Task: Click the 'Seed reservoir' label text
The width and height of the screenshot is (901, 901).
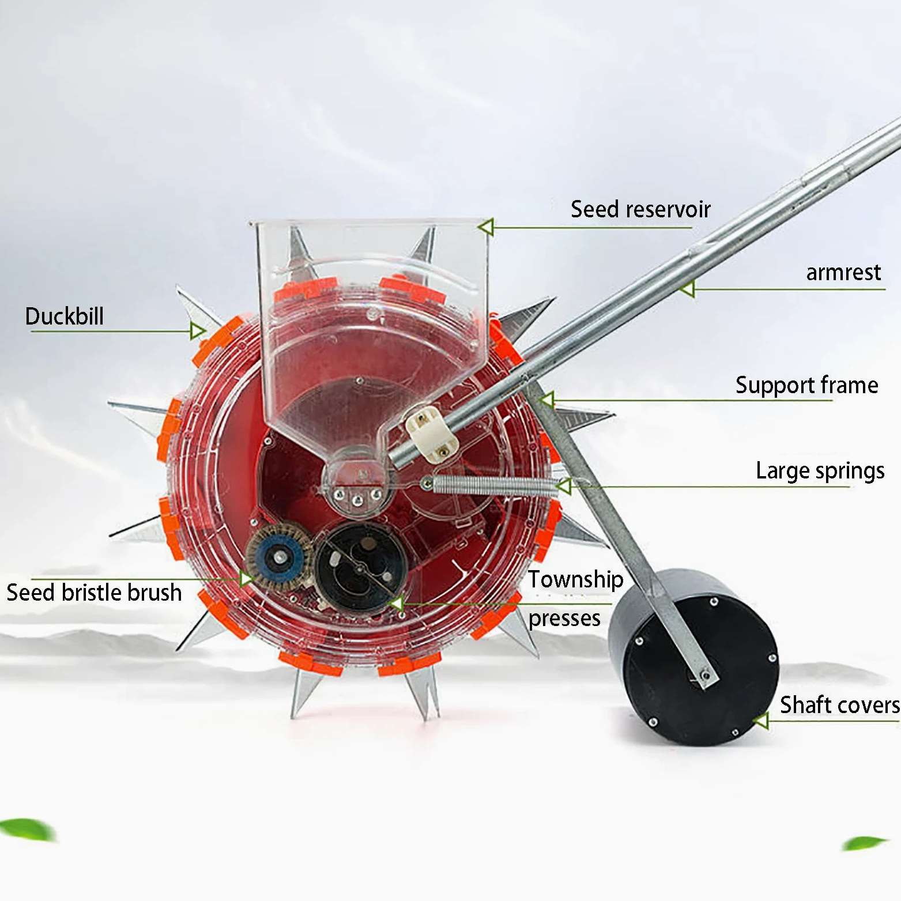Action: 640,209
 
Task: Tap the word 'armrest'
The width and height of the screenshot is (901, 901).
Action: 843,272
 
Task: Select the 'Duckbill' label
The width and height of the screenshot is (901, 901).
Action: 65,316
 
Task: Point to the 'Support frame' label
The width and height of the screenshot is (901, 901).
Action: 806,385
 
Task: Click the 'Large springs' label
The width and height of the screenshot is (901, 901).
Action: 820,471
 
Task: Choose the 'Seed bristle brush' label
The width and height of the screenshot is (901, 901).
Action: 94,593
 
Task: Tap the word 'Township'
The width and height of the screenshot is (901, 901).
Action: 576,579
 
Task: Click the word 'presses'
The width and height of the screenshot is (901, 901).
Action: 564,619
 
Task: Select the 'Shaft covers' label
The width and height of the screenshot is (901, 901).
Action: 839,705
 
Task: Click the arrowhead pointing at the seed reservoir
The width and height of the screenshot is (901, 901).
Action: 486,227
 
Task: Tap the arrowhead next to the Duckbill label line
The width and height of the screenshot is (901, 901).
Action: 198,331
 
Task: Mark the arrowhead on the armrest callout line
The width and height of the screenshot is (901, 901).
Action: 687,288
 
